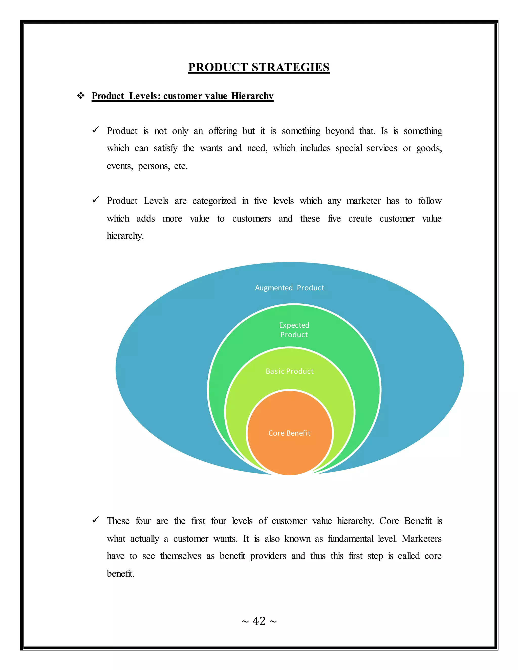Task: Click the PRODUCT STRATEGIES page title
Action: (259, 67)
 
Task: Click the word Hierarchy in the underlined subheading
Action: (252, 96)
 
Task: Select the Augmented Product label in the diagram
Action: (289, 288)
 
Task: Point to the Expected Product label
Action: (294, 330)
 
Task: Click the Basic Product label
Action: (289, 371)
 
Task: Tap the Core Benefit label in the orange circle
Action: (289, 433)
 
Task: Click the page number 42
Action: (259, 621)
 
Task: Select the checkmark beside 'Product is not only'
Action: (95, 130)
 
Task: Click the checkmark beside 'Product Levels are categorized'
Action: (95, 200)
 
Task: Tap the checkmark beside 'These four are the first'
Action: (95, 520)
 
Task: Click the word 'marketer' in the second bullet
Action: (363, 201)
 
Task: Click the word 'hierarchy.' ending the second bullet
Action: (125, 236)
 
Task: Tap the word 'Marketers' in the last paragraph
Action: (421, 539)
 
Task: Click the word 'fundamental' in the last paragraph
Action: (351, 539)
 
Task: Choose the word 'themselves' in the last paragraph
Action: (180, 556)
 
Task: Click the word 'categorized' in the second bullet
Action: (214, 201)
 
